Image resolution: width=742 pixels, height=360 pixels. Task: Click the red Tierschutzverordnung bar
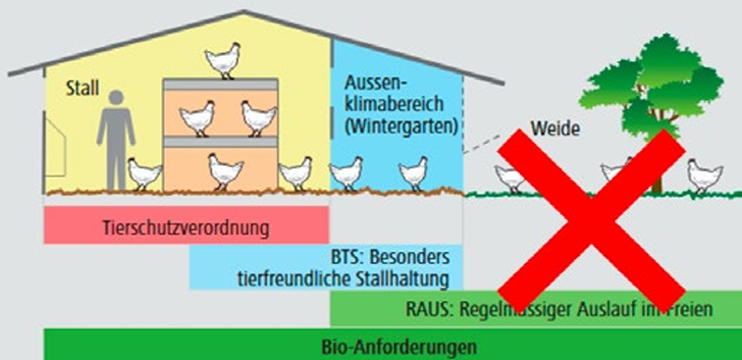pyautogui.click(x=185, y=228)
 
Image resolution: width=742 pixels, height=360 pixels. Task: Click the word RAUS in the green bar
pyautogui.click(x=427, y=310)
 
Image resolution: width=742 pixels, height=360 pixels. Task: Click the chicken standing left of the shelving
pyautogui.click(x=144, y=175)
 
